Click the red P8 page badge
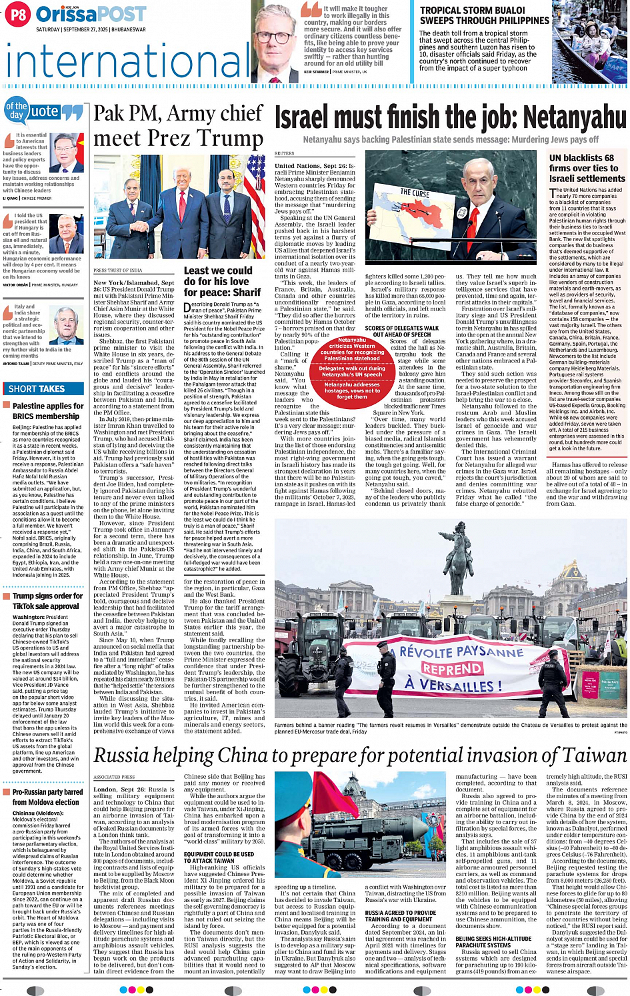[18, 14]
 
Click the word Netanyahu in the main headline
[575, 119]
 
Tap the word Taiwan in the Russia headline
[591, 755]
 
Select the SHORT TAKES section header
[37, 388]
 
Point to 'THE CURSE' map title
[414, 193]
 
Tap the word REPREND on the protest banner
[452, 668]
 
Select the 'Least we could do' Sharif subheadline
[222, 281]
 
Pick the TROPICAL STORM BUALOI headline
[484, 15]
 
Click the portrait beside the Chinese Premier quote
[67, 153]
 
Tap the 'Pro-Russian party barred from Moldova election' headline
[47, 797]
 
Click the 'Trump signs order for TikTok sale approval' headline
[47, 601]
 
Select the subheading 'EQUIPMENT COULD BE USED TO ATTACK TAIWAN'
[219, 857]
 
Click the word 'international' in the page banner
[127, 61]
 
